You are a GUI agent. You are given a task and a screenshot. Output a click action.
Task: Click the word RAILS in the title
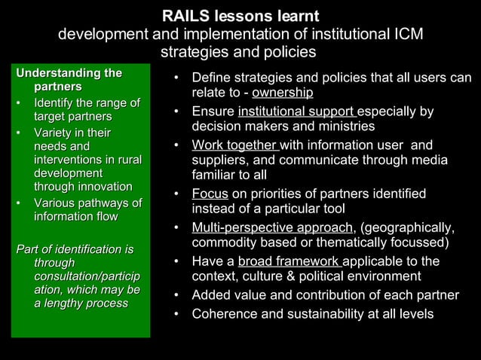185,16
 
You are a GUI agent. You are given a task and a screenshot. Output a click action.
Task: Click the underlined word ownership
283,93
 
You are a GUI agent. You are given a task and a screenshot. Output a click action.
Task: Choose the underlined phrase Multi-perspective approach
272,228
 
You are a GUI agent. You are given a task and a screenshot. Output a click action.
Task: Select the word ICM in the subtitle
406,35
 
